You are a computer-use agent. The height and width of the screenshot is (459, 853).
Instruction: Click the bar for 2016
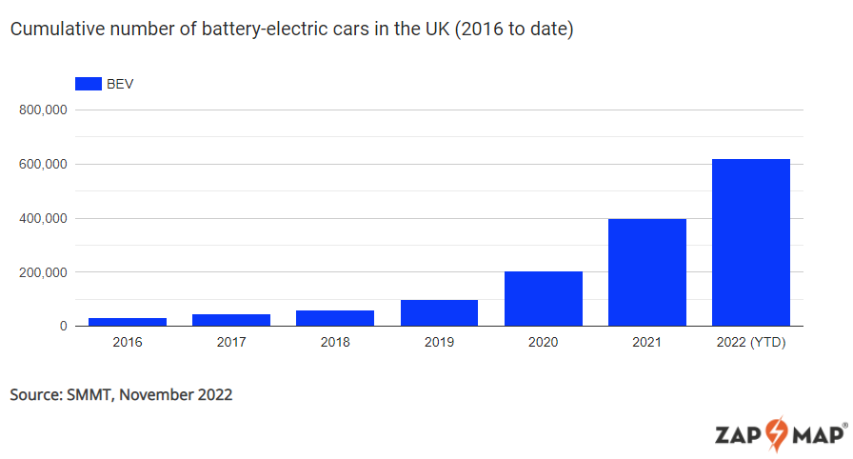127,322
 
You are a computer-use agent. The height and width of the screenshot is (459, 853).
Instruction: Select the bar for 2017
231,320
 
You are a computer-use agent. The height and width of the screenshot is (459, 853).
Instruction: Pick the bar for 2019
439,313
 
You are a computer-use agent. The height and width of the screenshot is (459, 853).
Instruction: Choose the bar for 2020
543,299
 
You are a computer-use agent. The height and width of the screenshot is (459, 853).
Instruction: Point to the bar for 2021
647,272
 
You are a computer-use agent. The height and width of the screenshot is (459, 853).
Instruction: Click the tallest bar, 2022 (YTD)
751,243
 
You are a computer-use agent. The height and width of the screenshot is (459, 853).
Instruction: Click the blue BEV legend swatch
88,84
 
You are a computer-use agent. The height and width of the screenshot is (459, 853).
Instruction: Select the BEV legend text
120,84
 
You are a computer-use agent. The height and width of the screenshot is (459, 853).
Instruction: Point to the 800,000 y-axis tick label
42,110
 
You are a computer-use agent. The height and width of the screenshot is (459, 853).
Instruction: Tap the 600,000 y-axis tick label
42,165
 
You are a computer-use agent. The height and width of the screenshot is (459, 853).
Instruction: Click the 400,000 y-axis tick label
42,219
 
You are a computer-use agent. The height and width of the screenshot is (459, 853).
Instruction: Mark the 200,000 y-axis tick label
42,272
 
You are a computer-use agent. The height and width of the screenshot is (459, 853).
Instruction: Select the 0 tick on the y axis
62,327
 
